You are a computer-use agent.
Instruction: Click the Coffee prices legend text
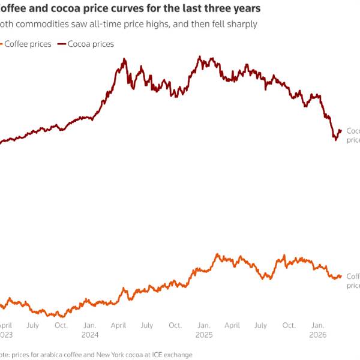28,44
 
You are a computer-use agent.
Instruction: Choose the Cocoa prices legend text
91,44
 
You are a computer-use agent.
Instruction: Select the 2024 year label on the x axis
90,334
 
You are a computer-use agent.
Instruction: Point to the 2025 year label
204,334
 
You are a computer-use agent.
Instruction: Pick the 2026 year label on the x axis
318,334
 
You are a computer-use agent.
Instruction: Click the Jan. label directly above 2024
90,325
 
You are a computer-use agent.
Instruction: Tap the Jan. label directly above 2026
318,325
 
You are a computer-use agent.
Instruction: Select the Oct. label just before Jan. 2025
175,325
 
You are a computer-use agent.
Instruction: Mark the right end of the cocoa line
341,130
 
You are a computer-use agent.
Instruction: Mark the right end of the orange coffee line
341,276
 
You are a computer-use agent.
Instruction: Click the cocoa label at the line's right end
353,135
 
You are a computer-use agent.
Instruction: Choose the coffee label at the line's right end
353,281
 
